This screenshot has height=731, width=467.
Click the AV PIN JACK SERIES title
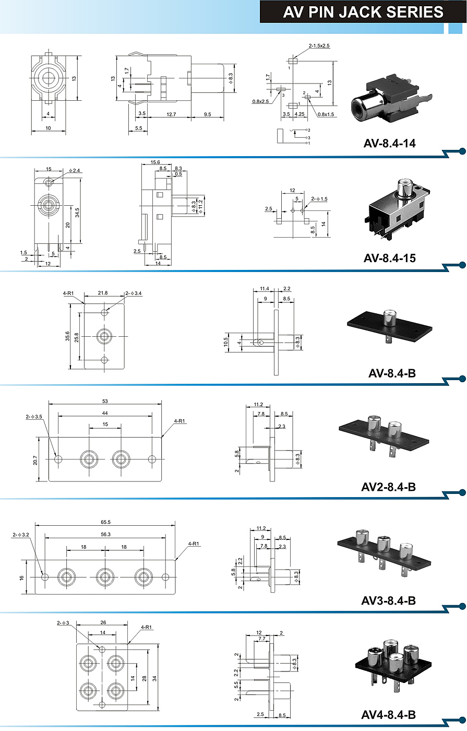(x=363, y=12)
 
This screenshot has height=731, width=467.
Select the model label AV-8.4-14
(x=389, y=143)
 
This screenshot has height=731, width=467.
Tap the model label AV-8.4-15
(x=389, y=258)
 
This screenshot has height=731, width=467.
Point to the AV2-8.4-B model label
(x=388, y=487)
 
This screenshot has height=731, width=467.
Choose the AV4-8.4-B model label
(x=388, y=715)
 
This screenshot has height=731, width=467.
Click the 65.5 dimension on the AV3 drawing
(x=105, y=522)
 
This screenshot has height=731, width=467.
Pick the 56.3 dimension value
(x=105, y=535)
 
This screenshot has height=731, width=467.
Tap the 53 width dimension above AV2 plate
(x=105, y=402)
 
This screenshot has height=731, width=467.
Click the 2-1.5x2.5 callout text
(x=319, y=46)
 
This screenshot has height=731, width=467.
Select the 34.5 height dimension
(x=77, y=213)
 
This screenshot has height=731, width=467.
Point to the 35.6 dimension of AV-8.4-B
(x=67, y=336)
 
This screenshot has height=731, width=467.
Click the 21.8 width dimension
(x=103, y=293)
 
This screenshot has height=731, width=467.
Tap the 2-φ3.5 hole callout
(x=34, y=417)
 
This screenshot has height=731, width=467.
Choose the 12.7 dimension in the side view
(x=171, y=114)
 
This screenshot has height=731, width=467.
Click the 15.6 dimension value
(x=155, y=162)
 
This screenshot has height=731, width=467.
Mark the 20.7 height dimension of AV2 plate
(x=35, y=461)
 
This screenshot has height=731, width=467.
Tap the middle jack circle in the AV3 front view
(x=105, y=577)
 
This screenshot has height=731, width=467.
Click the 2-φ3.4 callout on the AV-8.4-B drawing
(x=134, y=293)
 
